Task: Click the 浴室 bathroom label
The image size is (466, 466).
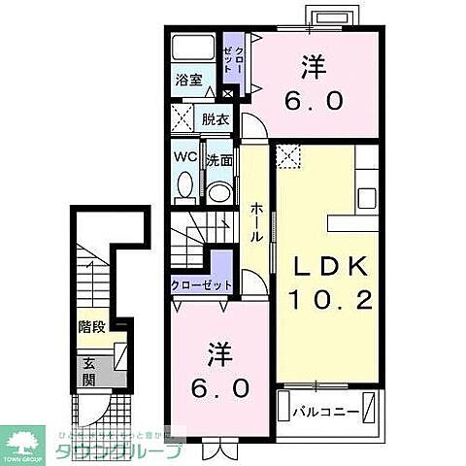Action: point(188,81)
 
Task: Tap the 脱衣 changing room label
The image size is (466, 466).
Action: point(216,120)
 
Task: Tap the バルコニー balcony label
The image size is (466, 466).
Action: point(323,412)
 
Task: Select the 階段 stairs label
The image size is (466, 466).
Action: point(93,326)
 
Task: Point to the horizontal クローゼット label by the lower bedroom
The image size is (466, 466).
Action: point(201,285)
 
